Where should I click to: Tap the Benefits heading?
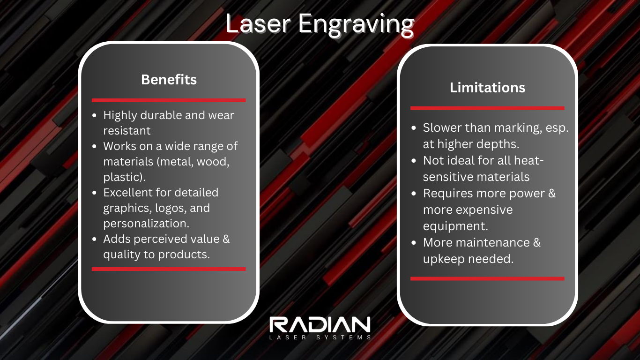pyautogui.click(x=169, y=80)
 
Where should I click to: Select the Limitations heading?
pyautogui.click(x=487, y=88)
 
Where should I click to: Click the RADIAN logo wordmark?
pyautogui.click(x=320, y=325)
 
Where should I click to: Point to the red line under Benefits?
pyautogui.click(x=169, y=100)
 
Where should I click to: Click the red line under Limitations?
pyautogui.click(x=487, y=108)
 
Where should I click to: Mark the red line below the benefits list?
pyautogui.click(x=169, y=269)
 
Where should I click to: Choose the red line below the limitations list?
pyautogui.click(x=487, y=278)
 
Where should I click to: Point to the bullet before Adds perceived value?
pyautogui.click(x=95, y=240)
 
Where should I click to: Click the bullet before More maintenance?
pyautogui.click(x=414, y=243)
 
